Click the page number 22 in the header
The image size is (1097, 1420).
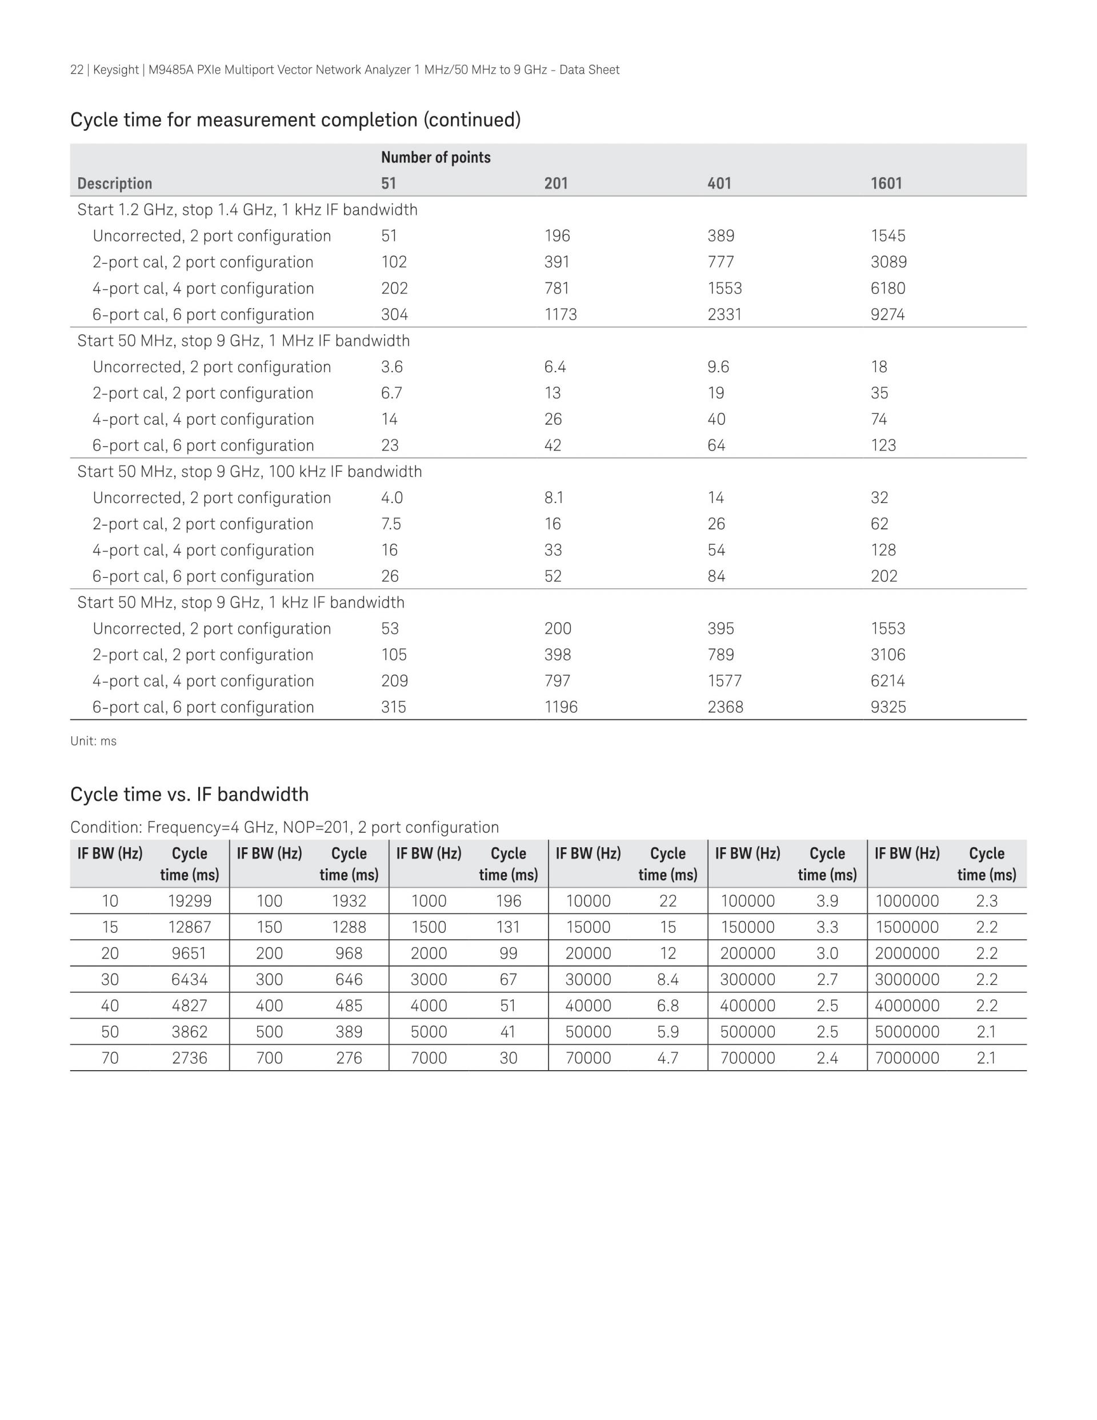tap(77, 70)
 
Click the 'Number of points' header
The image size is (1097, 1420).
tap(435, 157)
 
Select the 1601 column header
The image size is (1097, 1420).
tap(886, 184)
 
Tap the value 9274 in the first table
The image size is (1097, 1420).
tap(888, 314)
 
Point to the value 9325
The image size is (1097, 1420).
tap(888, 707)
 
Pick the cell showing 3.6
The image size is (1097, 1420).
tap(392, 368)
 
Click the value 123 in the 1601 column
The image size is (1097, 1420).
tap(883, 445)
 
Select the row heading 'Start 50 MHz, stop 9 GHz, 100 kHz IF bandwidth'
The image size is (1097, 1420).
tap(250, 472)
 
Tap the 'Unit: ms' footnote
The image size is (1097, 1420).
tap(94, 741)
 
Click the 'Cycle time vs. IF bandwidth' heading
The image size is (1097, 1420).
tap(189, 795)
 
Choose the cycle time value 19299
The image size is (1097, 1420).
tap(190, 901)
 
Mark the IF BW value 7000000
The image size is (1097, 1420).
tap(907, 1059)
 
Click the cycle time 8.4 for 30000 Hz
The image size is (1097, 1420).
tap(668, 980)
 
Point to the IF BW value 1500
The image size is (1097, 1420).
tap(429, 927)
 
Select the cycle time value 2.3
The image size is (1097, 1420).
tap(987, 901)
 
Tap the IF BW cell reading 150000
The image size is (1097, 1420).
tap(747, 927)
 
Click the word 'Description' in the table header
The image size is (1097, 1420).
tap(114, 184)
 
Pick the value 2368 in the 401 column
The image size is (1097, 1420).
tap(725, 707)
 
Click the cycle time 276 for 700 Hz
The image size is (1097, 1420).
tap(349, 1059)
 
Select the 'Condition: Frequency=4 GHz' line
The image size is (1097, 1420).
tap(285, 828)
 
